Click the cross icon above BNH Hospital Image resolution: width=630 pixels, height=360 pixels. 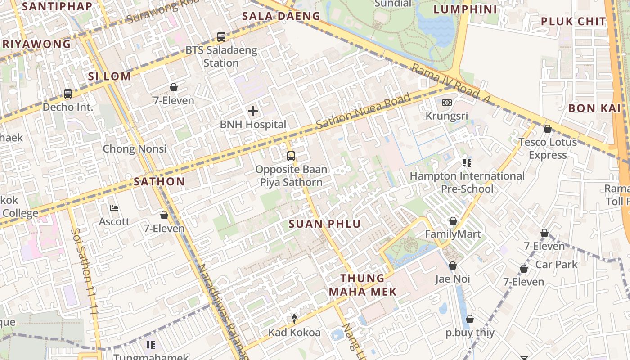[x=253, y=111]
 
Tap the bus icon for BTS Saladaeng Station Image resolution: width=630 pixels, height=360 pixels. [x=221, y=37]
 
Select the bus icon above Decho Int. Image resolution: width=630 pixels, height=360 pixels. [x=67, y=94]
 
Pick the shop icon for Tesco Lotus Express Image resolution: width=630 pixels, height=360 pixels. [x=547, y=129]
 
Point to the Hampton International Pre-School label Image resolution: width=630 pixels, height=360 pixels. [x=467, y=182]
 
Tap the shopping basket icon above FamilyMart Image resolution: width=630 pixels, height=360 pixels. [x=453, y=221]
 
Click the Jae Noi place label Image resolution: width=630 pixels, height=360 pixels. [x=453, y=279]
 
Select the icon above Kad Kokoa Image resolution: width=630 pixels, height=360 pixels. [x=294, y=319]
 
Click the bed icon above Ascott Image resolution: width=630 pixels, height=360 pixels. [x=114, y=208]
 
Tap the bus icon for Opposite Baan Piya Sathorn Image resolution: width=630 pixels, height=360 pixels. [x=291, y=156]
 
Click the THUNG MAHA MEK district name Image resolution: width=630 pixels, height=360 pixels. [x=363, y=285]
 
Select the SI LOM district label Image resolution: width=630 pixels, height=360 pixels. [x=109, y=76]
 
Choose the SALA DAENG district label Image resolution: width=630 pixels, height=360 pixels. [x=281, y=16]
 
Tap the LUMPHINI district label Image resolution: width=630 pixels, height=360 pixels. [x=465, y=9]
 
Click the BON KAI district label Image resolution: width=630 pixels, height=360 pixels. [x=594, y=108]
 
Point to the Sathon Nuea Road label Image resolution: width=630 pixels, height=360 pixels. [x=363, y=111]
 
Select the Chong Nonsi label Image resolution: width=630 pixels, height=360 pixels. [x=135, y=149]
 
